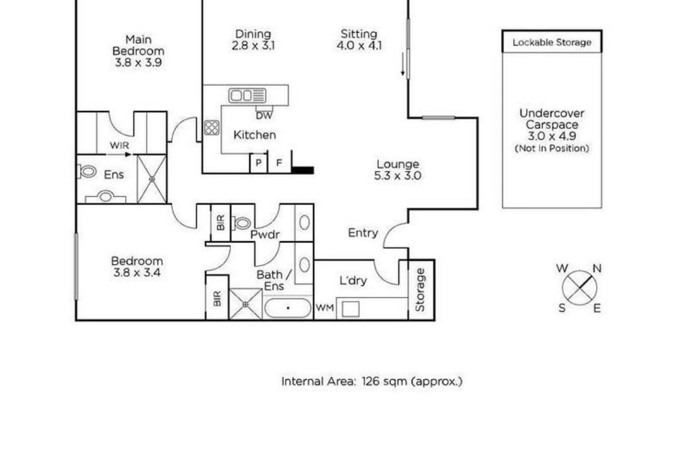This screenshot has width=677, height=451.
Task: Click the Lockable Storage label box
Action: [552, 42]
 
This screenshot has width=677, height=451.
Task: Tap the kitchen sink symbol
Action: [247, 95]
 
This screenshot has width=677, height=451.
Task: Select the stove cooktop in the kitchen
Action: [212, 128]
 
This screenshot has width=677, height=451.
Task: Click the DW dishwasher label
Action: [264, 116]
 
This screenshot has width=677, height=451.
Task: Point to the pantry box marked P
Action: [258, 163]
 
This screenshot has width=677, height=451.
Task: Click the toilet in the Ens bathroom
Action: [87, 172]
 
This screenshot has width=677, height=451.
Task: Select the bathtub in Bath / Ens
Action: [288, 308]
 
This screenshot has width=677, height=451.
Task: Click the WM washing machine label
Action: [325, 308]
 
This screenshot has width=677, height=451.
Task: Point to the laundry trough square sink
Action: [351, 309]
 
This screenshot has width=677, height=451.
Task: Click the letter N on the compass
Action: [597, 268]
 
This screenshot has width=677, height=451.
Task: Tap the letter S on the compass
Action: [562, 308]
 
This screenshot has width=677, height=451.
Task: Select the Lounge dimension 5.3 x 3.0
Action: [398, 175]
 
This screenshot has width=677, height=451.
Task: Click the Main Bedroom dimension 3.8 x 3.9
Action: [138, 62]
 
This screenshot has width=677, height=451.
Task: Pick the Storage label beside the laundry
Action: [420, 290]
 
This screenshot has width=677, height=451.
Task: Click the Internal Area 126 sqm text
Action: [372, 381]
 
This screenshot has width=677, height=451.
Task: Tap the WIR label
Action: [119, 145]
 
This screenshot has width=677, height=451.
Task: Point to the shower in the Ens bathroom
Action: [152, 179]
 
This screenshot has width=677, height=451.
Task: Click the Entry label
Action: [363, 233]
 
